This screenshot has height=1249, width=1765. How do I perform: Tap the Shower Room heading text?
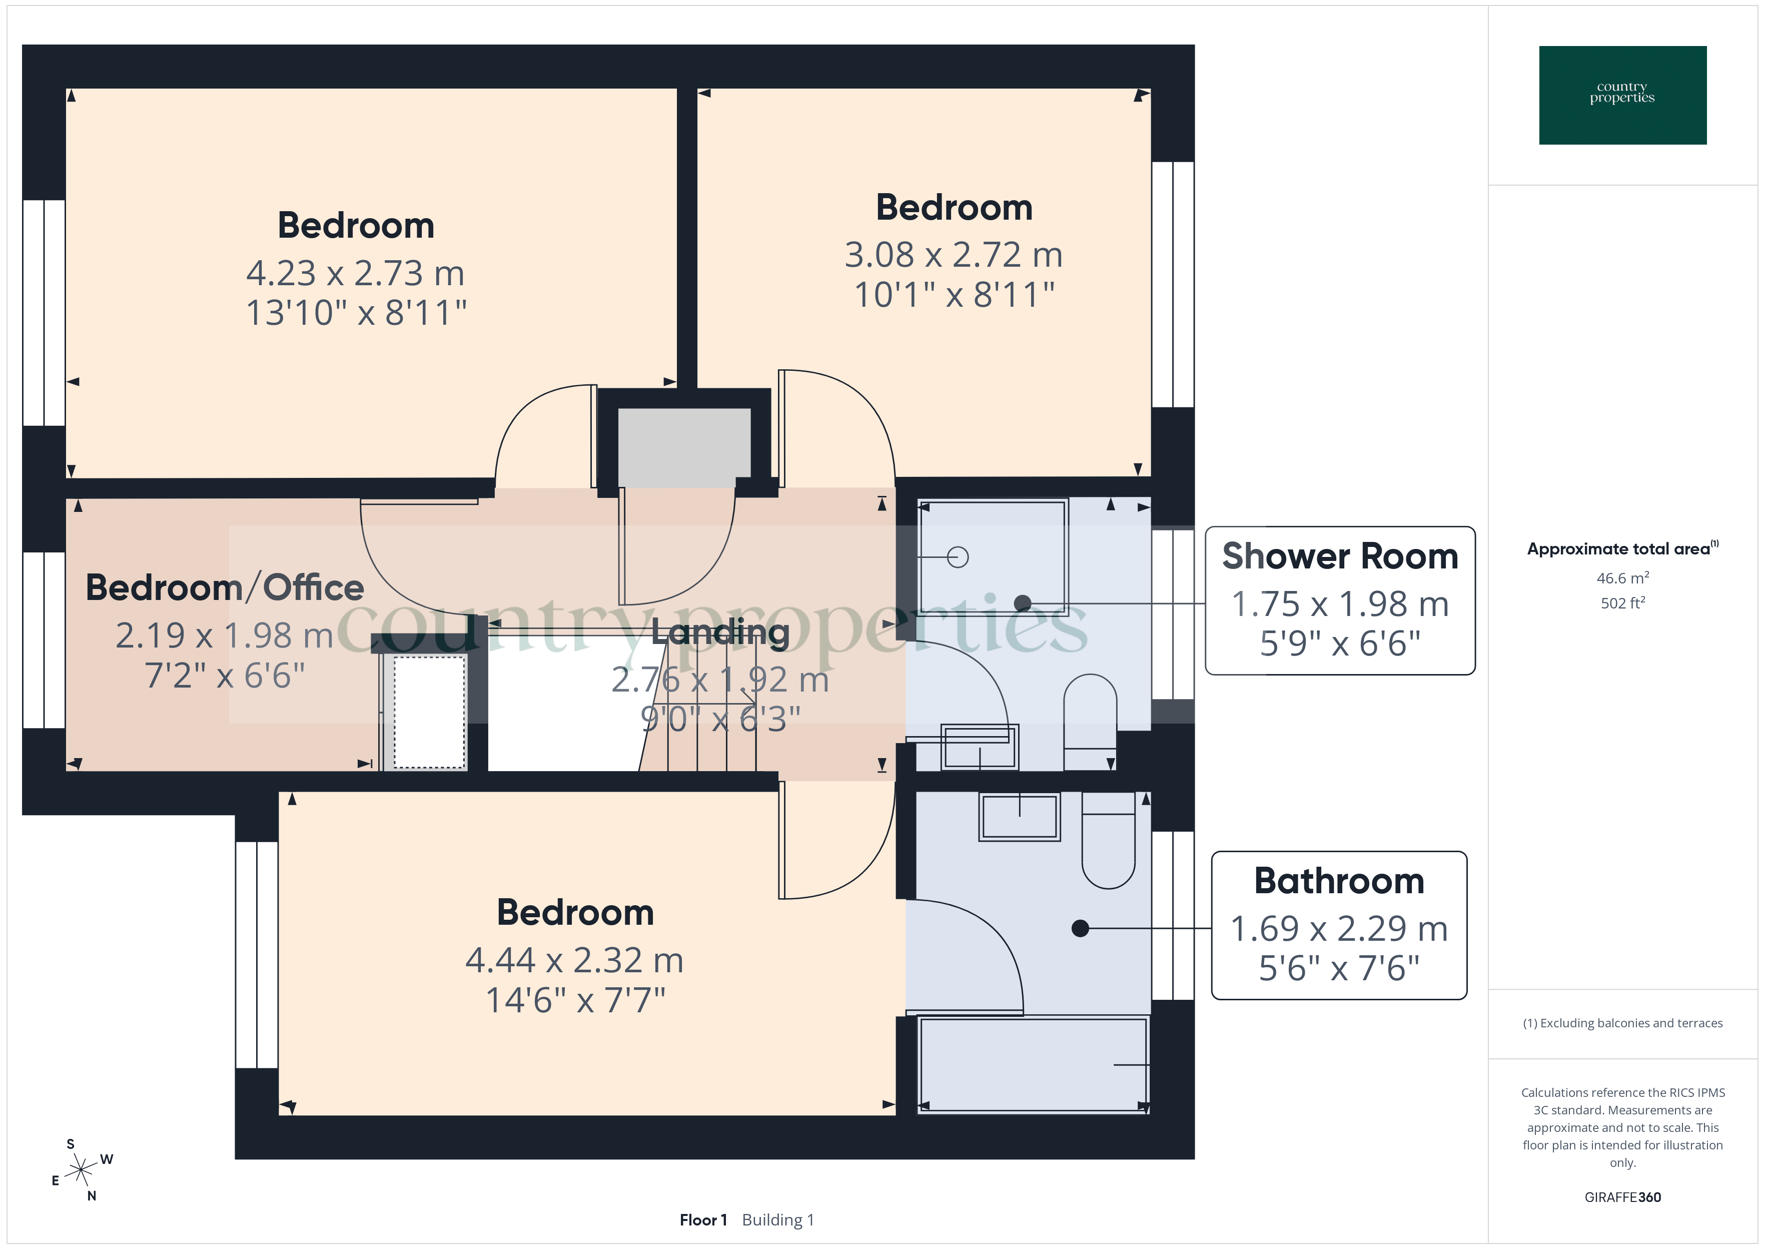pos(1339,556)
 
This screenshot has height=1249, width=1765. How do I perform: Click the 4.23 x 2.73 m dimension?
pos(355,273)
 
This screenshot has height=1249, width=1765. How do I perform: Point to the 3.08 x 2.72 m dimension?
pos(953,255)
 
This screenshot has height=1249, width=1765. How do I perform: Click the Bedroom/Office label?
pos(225,587)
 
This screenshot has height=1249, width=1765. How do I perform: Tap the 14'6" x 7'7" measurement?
pos(575,1000)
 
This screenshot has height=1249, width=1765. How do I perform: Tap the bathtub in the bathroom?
pos(1033,1064)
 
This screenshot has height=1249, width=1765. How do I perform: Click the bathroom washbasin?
pos(1020,817)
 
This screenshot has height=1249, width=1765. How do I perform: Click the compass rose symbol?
pos(81,1170)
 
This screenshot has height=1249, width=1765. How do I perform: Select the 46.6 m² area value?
pos(1622,577)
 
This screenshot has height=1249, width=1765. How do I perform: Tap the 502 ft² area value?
pos(1622,603)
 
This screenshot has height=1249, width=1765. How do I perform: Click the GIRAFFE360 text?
pos(1622,1196)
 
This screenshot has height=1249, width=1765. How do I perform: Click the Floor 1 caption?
pos(702,1220)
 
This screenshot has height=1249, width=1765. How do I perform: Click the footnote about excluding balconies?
pos(1622,1023)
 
